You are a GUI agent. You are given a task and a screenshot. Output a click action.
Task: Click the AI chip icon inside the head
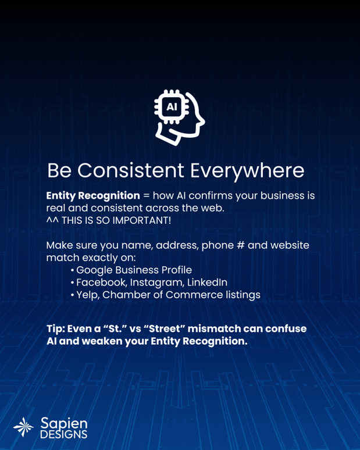[x=172, y=107]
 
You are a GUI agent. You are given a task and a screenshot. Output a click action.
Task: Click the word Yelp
[x=88, y=295]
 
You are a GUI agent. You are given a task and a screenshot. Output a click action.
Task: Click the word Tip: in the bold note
[x=56, y=329]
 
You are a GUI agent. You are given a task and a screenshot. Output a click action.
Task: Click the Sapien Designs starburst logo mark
[x=23, y=427]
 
